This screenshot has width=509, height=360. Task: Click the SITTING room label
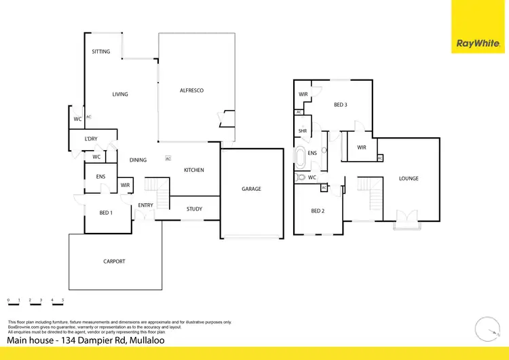click(x=101, y=52)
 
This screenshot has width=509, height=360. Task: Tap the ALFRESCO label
click(x=191, y=90)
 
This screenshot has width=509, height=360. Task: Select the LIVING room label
click(x=120, y=94)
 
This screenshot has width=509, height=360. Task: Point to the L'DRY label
click(x=91, y=139)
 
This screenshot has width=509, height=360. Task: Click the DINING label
click(x=138, y=160)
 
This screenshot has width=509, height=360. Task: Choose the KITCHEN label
click(x=193, y=170)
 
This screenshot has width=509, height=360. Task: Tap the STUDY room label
click(x=194, y=209)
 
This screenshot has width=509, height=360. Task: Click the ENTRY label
click(x=145, y=205)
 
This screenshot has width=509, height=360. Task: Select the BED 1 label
click(x=106, y=213)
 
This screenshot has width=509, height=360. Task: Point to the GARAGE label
click(x=251, y=189)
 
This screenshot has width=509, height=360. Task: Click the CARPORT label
click(x=114, y=262)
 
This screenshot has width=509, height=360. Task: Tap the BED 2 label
click(x=318, y=211)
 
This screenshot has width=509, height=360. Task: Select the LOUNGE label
click(x=409, y=179)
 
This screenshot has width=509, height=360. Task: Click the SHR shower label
click(x=303, y=131)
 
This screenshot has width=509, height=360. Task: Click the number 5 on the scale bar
click(x=62, y=300)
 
